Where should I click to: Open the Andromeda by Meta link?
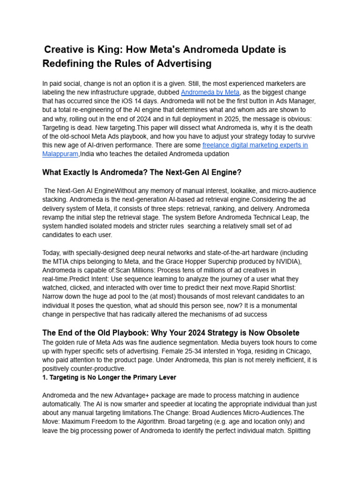click(x=210, y=92)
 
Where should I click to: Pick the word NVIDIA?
click(x=289, y=262)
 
